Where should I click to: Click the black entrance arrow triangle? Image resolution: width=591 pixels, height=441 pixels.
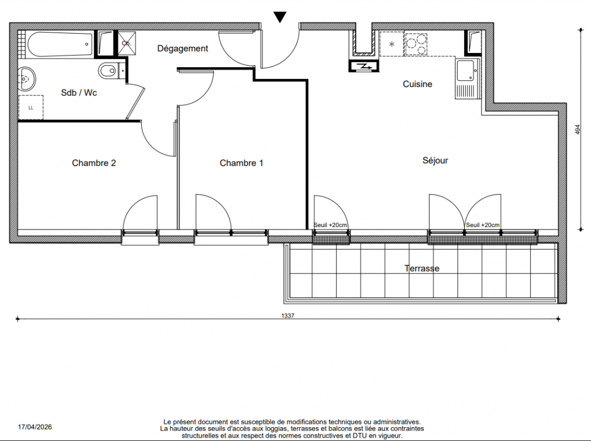coord(280,17)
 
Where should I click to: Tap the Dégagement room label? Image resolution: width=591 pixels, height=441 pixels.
coord(183,49)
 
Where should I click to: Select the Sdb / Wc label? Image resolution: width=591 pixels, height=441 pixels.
coord(79,93)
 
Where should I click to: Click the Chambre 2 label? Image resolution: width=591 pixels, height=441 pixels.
coord(94,163)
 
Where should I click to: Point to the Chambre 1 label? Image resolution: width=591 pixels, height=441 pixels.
coord(241,163)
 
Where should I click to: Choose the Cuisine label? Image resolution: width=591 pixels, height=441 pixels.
coord(417,84)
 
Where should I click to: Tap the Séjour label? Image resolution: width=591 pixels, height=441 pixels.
coord(436,160)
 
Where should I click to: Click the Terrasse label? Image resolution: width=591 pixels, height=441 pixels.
coord(422,268)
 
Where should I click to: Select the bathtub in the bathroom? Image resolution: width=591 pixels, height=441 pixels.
coord(60,45)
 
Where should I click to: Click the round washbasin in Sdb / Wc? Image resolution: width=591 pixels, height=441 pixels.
coord(26,79)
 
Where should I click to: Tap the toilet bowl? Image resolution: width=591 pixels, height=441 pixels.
coord(109,71)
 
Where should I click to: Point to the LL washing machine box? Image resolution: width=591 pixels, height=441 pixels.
coord(31,107)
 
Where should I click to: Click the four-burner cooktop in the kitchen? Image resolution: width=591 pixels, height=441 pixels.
coord(416,44)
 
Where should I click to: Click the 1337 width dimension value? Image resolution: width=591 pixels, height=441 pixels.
coord(288,316)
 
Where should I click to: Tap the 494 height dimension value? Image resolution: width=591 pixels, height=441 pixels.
coord(578,130)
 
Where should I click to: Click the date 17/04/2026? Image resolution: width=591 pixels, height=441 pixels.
coord(35,427)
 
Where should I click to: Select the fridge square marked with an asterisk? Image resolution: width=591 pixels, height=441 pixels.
coord(391,44)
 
